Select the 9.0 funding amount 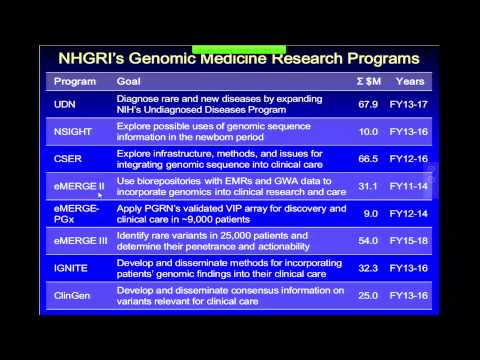pos(368,213)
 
